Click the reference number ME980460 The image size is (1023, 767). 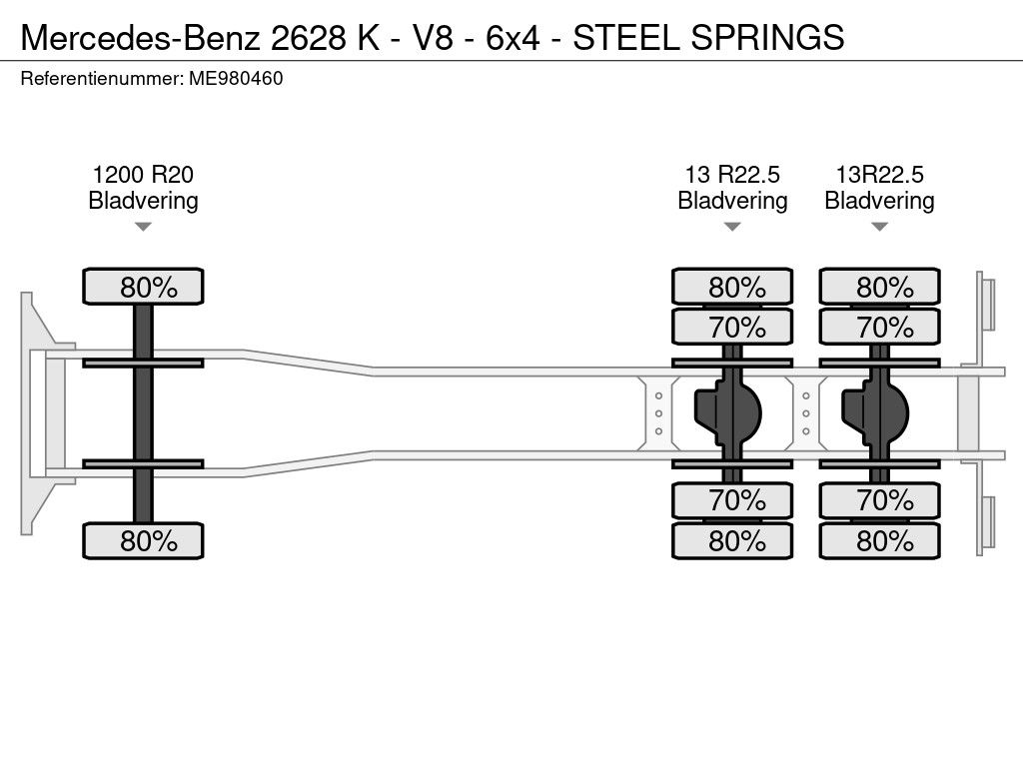point(236,79)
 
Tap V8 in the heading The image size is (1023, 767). point(434,37)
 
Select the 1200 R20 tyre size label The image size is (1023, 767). point(143,175)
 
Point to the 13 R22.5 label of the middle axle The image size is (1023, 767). point(732,175)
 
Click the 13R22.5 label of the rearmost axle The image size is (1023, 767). point(879,175)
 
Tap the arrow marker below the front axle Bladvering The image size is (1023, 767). point(143,227)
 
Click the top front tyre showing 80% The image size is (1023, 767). point(143,287)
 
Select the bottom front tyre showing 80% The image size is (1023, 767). point(143,540)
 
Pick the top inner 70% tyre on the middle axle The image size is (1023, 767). point(732,327)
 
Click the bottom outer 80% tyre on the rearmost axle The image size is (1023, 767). point(879,540)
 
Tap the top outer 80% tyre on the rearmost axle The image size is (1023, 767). point(879,287)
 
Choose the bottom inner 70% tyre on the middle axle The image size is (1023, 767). point(732,500)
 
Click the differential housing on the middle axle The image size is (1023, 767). point(727,412)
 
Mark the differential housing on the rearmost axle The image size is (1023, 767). point(875,412)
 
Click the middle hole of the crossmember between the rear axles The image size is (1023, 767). point(806,413)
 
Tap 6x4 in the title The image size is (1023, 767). point(512,37)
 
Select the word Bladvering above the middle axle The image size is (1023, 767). point(732,201)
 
